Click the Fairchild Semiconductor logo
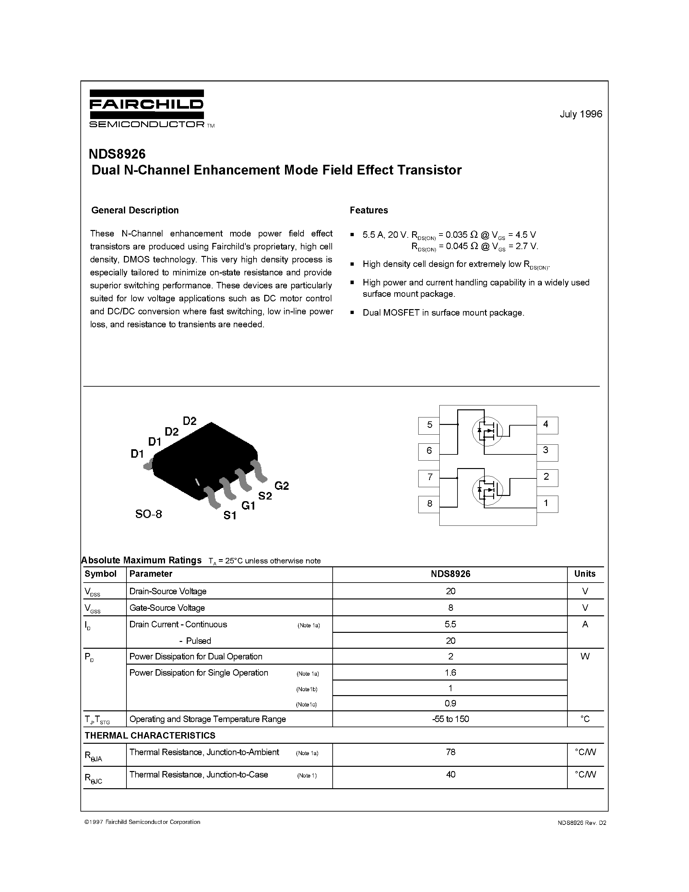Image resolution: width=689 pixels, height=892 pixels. point(147,108)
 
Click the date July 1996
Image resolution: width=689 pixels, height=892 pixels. point(580,114)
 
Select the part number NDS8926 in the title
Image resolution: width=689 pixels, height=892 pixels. point(117,154)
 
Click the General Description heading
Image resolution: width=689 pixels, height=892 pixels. point(135,210)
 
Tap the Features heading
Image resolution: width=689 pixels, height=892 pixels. point(369,210)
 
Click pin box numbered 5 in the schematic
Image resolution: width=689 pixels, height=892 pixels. point(429,425)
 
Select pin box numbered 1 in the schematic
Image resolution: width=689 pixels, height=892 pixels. point(547,504)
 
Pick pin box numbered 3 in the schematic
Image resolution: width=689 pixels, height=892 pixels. point(547,451)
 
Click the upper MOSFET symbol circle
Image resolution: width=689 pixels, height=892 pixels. point(487,431)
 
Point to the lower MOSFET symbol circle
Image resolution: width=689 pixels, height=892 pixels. point(487,490)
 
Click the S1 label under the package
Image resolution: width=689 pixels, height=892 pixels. point(230,516)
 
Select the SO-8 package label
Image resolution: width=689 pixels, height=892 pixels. point(148,514)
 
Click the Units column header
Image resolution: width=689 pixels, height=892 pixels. point(585,574)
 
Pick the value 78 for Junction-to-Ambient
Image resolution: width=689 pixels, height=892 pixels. point(450,752)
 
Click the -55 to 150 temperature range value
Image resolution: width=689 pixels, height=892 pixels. point(450,719)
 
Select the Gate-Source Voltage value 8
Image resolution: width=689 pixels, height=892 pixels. point(450,608)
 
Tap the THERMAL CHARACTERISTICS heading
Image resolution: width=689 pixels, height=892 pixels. point(150,735)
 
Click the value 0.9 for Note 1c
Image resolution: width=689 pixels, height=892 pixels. point(450,703)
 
